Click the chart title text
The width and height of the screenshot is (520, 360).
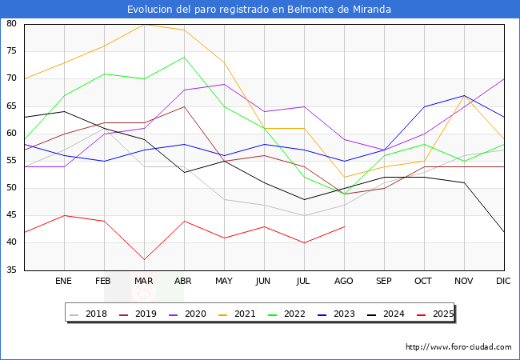tap(260, 9)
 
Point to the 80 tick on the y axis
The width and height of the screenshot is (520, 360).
tap(12, 24)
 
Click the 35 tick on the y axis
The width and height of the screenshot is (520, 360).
tap(12, 270)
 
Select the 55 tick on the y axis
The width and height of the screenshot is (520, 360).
tap(12, 161)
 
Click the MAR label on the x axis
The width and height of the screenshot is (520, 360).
tap(144, 282)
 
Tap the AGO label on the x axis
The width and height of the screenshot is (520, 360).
tap(344, 282)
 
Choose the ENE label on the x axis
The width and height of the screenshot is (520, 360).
tap(64, 282)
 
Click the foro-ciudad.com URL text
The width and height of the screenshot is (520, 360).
tap(458, 347)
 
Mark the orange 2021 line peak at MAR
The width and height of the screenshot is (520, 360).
tap(144, 24)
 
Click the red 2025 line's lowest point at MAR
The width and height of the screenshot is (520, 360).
tap(144, 259)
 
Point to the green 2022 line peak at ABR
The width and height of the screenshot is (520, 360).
tap(184, 57)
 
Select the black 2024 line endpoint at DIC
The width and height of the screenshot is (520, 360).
tap(504, 232)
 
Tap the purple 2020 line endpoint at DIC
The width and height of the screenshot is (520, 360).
tap(504, 78)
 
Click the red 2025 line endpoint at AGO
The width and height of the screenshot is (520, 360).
tap(344, 226)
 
